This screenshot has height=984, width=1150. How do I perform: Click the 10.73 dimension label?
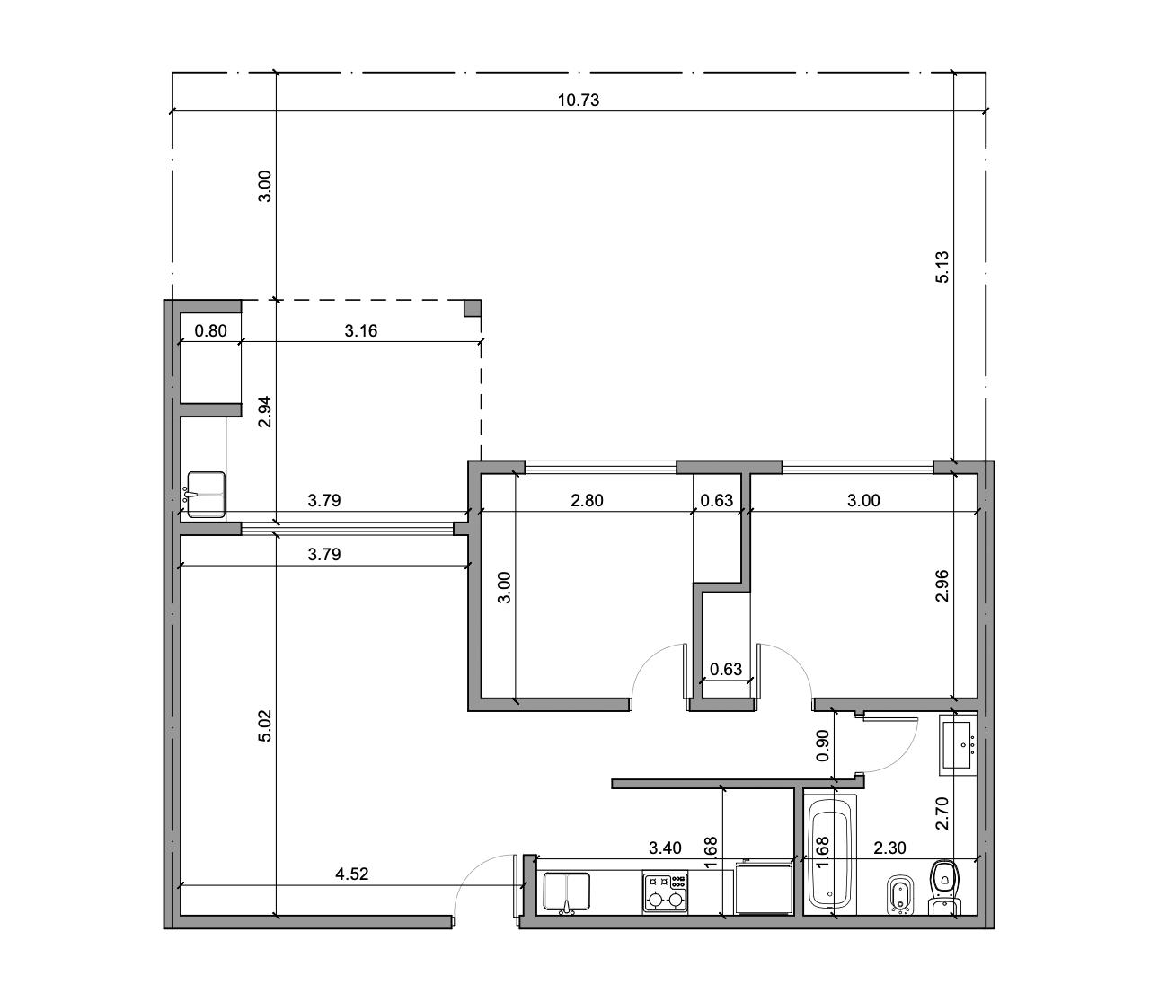(578, 100)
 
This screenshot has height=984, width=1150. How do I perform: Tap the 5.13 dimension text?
(942, 268)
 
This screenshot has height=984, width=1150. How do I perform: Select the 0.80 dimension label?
(210, 330)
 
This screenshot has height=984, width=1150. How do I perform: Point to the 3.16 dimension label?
(360, 330)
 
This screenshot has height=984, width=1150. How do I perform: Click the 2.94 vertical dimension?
(265, 411)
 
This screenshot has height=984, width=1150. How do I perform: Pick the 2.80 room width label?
(587, 500)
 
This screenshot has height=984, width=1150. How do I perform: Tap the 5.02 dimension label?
(265, 725)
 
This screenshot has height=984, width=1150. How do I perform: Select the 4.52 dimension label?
(351, 874)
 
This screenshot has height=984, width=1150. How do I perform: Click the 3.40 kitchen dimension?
(665, 848)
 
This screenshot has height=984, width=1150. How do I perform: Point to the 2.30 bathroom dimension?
(889, 848)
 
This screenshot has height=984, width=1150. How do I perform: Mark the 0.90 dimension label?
(823, 745)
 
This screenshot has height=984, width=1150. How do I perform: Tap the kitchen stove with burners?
(666, 892)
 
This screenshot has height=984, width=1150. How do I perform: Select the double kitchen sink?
(566, 892)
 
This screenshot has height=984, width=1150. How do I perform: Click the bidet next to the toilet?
(900, 895)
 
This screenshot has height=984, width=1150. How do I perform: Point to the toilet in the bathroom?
(945, 888)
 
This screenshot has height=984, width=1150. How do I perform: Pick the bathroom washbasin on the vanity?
(958, 745)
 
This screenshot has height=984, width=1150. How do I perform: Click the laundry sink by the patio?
(206, 494)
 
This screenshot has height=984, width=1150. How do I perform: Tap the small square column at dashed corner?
(473, 307)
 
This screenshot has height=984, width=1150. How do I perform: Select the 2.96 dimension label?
(942, 586)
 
